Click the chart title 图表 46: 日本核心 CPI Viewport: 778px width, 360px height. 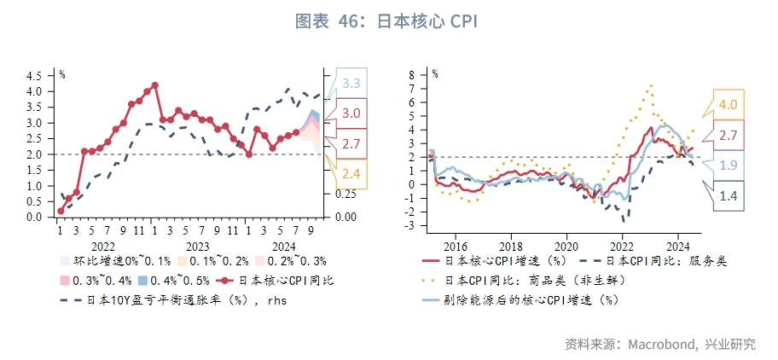(x=388, y=20)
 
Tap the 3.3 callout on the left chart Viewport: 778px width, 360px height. (x=351, y=84)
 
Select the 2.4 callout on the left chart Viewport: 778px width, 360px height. (x=351, y=174)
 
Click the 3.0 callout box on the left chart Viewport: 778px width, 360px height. (x=351, y=113)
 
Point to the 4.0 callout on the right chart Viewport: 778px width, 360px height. (x=728, y=105)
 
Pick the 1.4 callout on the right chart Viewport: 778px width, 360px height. (x=728, y=196)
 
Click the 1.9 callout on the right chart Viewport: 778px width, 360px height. (x=728, y=165)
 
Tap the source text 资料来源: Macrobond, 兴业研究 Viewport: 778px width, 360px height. (x=659, y=344)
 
